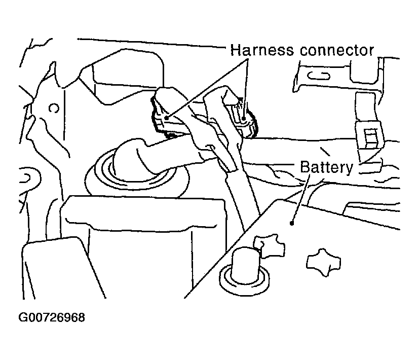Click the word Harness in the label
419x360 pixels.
(261, 50)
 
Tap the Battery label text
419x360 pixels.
(326, 167)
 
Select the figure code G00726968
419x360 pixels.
(52, 317)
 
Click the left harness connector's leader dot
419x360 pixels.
(167, 118)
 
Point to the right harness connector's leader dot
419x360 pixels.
(244, 119)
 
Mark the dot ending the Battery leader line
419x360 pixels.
(292, 223)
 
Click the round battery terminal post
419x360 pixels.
(245, 270)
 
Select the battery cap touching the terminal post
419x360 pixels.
(270, 245)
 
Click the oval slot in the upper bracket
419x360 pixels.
(319, 76)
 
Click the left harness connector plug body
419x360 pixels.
(171, 113)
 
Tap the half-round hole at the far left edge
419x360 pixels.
(29, 178)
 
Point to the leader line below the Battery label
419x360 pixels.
(300, 198)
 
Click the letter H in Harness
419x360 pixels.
(235, 50)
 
